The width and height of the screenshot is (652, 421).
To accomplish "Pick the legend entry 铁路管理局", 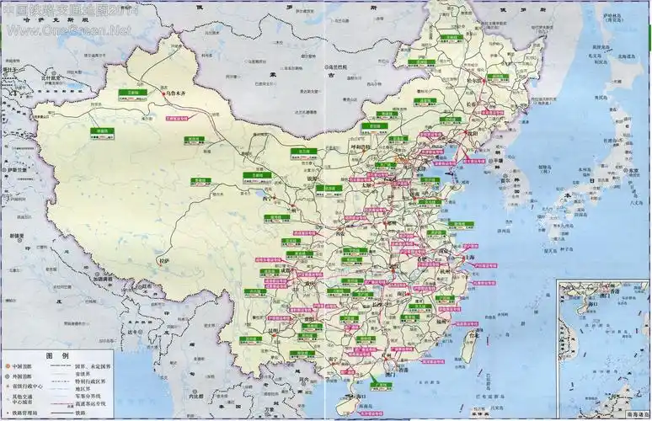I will click(x=25, y=412).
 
